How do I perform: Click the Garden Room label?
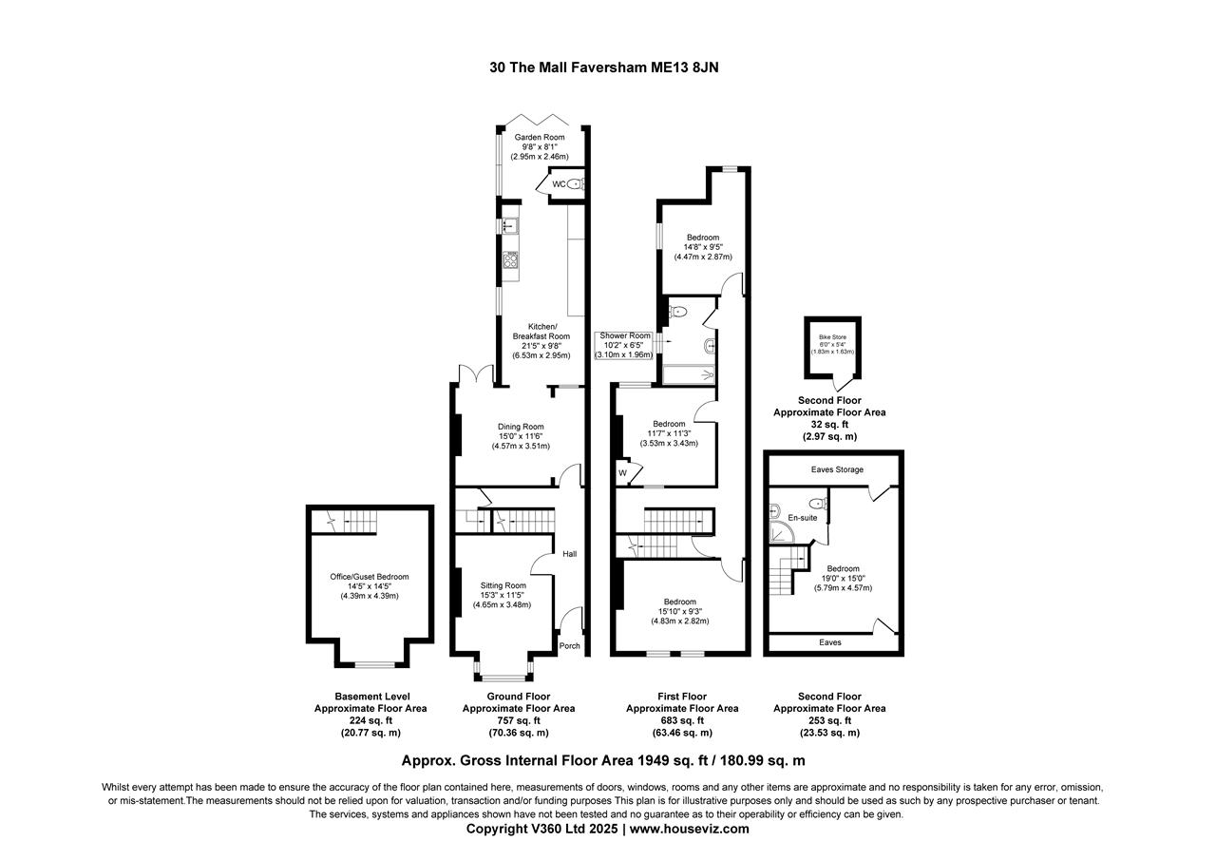point(540,138)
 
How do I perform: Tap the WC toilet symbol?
point(573,184)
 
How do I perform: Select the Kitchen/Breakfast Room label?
point(541,331)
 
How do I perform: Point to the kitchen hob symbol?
point(510,259)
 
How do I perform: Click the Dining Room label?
point(521,427)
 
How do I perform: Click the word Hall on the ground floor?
point(570,554)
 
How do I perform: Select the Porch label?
point(569,646)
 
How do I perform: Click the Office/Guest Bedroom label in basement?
point(370,577)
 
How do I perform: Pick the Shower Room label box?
point(624,335)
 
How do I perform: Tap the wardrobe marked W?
point(623,472)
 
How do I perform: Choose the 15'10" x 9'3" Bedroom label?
point(679,602)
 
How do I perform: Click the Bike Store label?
point(832,336)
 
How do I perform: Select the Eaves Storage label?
point(837,469)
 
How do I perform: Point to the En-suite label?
point(802,518)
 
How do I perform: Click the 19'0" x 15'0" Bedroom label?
point(843,569)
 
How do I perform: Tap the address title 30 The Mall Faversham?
point(609,67)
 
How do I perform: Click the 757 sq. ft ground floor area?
point(519,720)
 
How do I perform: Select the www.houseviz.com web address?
point(689,829)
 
